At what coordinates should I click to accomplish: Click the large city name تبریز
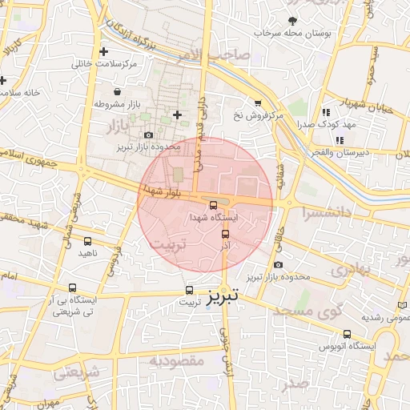point(223,296)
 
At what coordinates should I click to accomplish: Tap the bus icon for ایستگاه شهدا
point(212,205)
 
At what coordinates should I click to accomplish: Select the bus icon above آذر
point(225,234)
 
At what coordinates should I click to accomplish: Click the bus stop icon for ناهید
point(87,241)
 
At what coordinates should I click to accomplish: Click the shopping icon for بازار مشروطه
point(118,91)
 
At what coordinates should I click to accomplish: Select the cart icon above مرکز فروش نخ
point(257,103)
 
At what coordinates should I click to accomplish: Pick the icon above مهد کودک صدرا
point(325,113)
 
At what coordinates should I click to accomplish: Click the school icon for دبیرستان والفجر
point(340,140)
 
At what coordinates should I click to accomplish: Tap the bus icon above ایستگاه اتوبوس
point(347,334)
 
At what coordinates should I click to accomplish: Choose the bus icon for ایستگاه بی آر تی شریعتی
point(73,288)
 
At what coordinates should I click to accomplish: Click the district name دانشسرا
point(328,213)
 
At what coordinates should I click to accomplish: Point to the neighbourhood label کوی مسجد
point(303,310)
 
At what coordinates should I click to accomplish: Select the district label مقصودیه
point(177,361)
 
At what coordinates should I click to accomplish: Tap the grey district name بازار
point(117,126)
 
